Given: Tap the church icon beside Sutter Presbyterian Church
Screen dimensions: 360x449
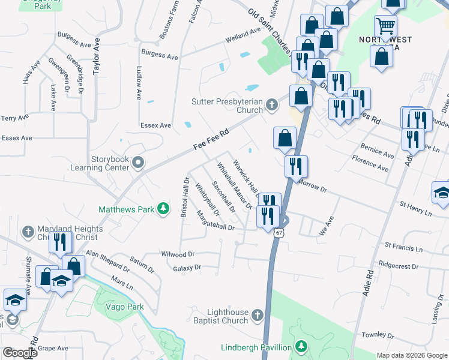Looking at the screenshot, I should coord(272,106).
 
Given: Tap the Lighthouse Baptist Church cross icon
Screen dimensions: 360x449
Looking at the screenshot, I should coord(258,316).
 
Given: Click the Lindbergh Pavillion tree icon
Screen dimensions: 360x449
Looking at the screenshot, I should coord(302,347).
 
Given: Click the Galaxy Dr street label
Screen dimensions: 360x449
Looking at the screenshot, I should coord(186,268).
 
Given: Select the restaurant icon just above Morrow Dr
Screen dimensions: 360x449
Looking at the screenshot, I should coord(296,166).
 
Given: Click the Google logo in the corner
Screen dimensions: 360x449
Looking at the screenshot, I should coord(19,353).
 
